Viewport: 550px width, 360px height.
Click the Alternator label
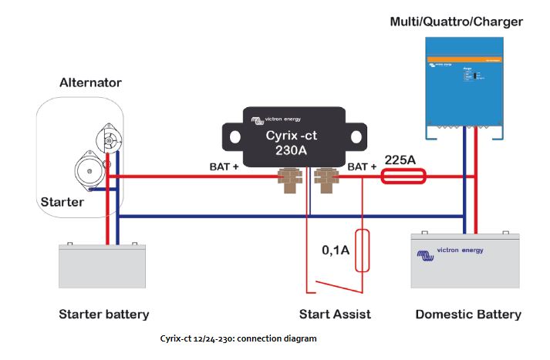tap(90, 82)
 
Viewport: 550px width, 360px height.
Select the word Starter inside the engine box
tap(62, 202)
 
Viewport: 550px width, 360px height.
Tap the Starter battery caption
tap(103, 314)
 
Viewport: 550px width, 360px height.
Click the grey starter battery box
tap(102, 266)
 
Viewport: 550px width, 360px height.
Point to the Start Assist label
tap(335, 314)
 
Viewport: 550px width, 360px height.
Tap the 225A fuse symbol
tap(403, 177)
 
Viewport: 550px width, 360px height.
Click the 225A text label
tap(400, 160)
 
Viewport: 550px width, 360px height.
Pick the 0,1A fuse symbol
tap(361, 250)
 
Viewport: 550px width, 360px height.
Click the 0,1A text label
tap(336, 250)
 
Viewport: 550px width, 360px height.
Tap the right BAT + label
tap(362, 166)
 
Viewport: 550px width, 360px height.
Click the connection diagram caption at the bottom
tap(238, 338)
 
